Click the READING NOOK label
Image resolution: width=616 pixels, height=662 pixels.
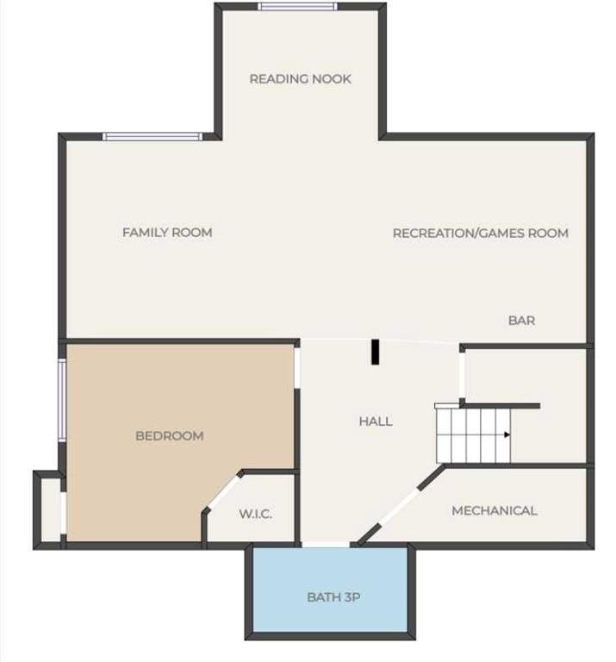(300, 79)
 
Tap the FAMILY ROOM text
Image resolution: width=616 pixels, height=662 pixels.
(167, 232)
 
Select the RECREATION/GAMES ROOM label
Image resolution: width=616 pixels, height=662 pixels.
(481, 233)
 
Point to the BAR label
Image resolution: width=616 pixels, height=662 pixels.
(521, 321)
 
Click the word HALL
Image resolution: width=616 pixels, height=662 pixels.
(376, 422)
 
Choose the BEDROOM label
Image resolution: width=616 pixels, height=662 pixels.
(169, 435)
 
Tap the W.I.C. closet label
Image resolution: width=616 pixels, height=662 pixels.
(255, 514)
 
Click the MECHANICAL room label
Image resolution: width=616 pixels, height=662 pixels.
(494, 511)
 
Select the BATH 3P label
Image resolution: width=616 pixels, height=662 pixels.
(333, 597)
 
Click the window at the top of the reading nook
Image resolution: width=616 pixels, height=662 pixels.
(297, 6)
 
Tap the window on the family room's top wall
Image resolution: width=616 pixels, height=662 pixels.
(152, 136)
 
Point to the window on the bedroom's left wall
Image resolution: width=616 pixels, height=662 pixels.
(62, 400)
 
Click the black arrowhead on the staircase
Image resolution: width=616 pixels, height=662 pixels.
(507, 434)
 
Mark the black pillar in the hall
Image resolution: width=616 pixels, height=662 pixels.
(375, 352)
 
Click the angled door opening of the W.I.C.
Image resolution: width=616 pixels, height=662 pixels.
(223, 493)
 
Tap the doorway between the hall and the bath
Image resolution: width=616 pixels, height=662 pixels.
(326, 545)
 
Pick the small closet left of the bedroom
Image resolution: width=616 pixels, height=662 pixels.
(51, 509)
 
